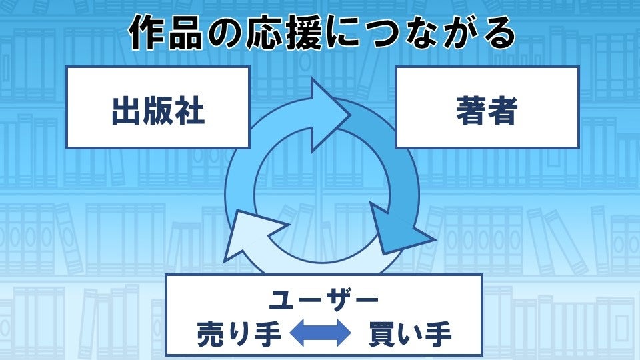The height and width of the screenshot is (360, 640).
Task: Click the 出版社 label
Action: pos(158,111)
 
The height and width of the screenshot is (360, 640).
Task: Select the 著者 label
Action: pos(487,111)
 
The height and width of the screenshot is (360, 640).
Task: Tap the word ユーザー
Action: pos(323,300)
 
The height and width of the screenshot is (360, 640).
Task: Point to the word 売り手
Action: pos(239,334)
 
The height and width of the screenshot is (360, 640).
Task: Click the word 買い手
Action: pos(409,334)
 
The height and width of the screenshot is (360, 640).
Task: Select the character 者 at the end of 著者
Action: pos(503,111)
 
